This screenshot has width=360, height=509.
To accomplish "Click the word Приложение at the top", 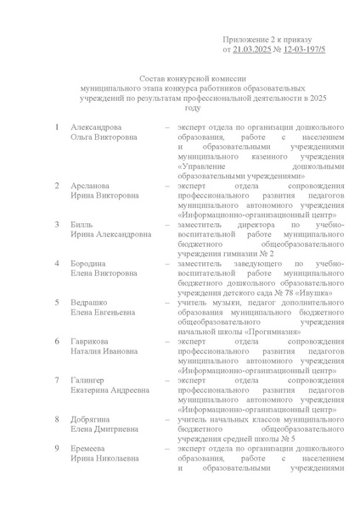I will point(247,40).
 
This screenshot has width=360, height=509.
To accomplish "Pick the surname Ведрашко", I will point(92,302).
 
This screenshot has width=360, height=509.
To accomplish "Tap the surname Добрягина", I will point(93,419).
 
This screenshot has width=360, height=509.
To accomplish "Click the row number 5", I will point(57,302).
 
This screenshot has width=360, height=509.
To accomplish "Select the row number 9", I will point(57,449).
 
